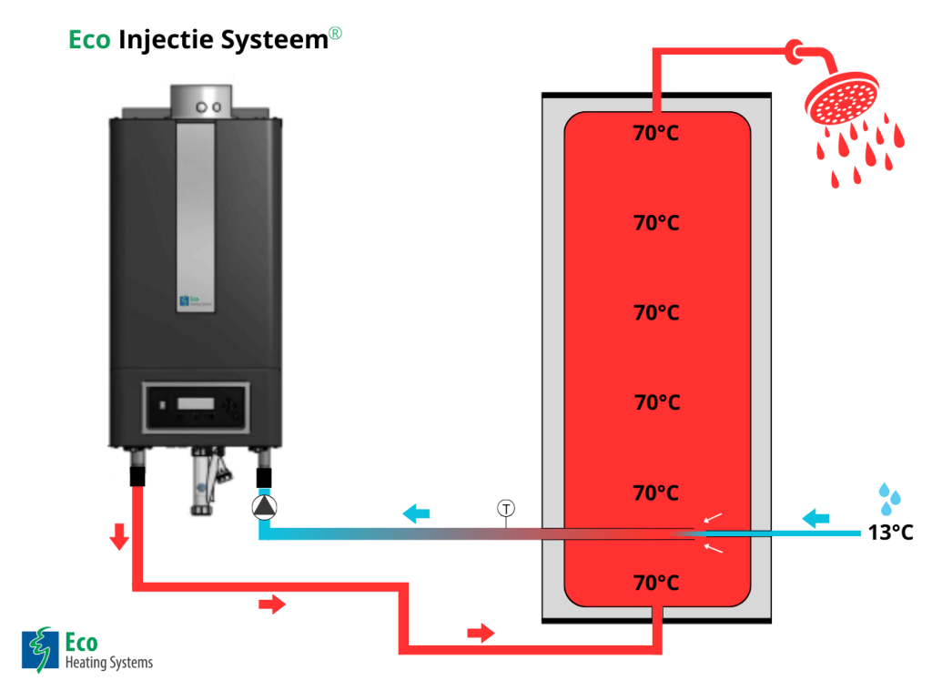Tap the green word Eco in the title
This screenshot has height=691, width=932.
click(89, 40)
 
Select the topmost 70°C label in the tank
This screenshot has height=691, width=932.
click(656, 134)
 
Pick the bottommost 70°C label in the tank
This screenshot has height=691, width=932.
click(656, 583)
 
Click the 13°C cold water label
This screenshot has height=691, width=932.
click(889, 533)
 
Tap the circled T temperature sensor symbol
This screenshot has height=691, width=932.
click(505, 508)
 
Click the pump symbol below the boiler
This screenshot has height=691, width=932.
click(264, 507)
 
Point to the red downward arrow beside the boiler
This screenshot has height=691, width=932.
click(118, 539)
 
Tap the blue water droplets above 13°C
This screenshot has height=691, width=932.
click(890, 495)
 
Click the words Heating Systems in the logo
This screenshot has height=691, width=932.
click(109, 662)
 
